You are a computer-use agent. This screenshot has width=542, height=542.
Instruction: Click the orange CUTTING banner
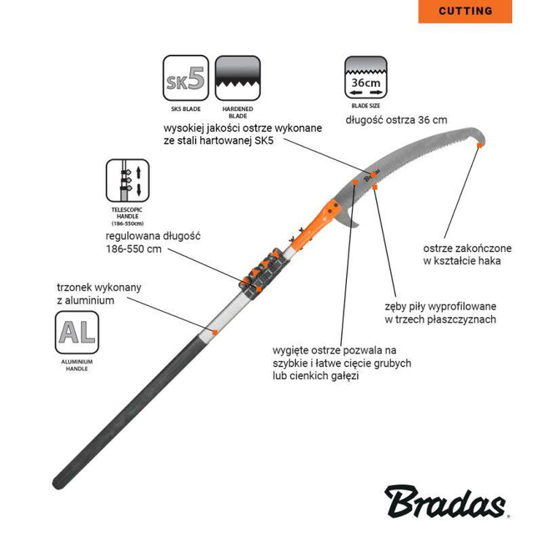pyautogui.click(x=465, y=12)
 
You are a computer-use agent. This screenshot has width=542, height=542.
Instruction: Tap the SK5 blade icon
pyautogui.click(x=186, y=78)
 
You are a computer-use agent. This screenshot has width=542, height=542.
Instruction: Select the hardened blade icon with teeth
pyautogui.click(x=238, y=78)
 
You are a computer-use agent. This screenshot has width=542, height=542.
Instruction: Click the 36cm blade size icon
pyautogui.click(x=366, y=78)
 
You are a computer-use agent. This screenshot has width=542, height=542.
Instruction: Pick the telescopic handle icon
pyautogui.click(x=128, y=180)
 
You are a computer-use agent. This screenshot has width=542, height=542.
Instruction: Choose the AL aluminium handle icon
pyautogui.click(x=77, y=332)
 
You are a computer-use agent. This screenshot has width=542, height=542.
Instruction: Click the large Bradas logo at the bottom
pyautogui.click(x=446, y=501)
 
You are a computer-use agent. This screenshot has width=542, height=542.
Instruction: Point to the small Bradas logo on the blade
pyautogui.click(x=372, y=176)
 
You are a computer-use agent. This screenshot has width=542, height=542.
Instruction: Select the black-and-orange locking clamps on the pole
pyautogui.click(x=264, y=273)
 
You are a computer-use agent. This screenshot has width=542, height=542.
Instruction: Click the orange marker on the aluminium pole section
pyautogui.click(x=214, y=333)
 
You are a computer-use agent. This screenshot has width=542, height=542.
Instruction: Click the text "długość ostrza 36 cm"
pyautogui.click(x=396, y=120)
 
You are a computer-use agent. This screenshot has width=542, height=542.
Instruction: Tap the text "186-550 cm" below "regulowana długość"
pyautogui.click(x=133, y=248)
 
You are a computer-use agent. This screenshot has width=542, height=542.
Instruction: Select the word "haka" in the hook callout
pyautogui.click(x=489, y=261)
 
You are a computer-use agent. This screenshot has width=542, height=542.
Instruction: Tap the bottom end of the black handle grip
pyautogui.click(x=57, y=483)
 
